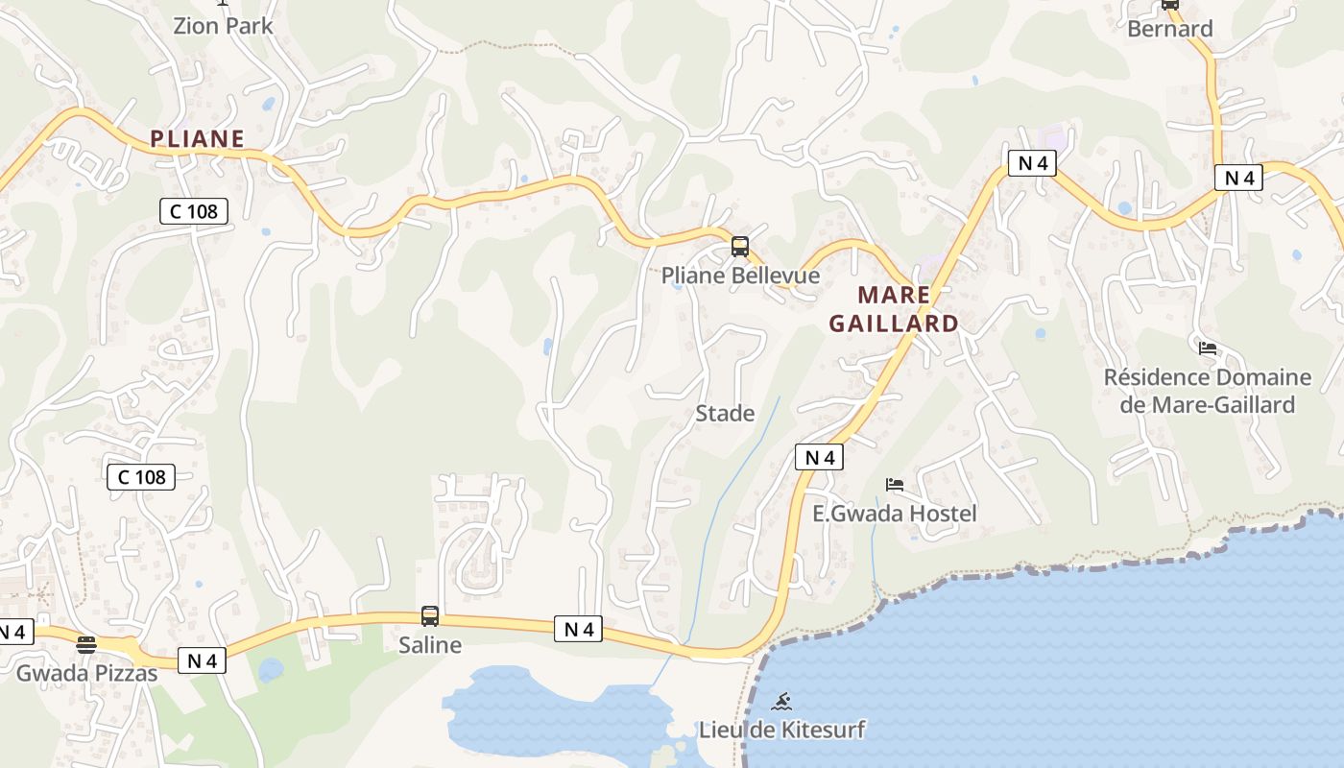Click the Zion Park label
click(x=223, y=26)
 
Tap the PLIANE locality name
click(x=197, y=139)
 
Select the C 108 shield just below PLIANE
click(x=193, y=211)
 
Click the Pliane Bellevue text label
click(x=740, y=276)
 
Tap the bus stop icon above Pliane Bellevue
click(x=739, y=247)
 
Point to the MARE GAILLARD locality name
click(x=894, y=309)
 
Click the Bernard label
click(x=1169, y=29)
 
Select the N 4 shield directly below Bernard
click(x=1238, y=178)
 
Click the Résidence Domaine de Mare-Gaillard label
click(x=1207, y=391)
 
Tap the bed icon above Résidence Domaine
click(x=1207, y=348)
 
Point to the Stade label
click(x=725, y=414)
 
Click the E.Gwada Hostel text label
click(x=894, y=514)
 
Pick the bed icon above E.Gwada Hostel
click(x=895, y=485)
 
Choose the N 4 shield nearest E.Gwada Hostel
click(x=819, y=458)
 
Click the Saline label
click(x=430, y=645)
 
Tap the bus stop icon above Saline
click(x=430, y=616)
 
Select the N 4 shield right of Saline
click(x=578, y=630)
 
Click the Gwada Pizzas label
click(x=86, y=673)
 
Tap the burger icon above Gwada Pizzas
click(x=86, y=644)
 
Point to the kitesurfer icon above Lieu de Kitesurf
click(x=781, y=702)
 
